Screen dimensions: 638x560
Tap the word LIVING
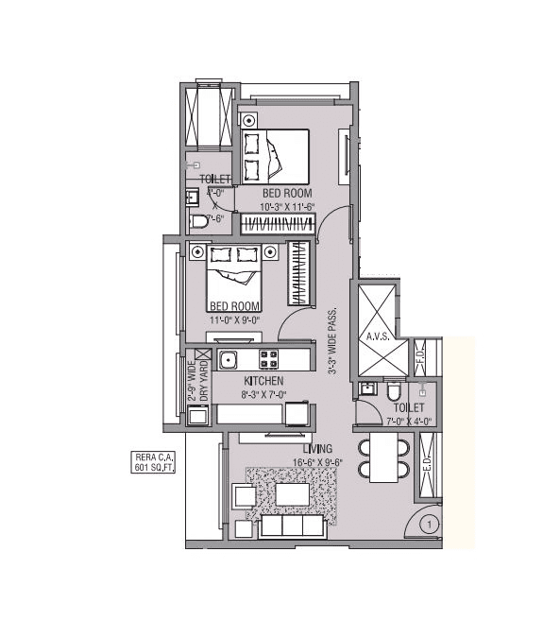[317, 448]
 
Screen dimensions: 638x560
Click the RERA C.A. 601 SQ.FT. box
[155, 462]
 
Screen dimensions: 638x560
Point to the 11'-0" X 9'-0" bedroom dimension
[235, 319]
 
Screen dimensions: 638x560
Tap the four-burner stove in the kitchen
[269, 360]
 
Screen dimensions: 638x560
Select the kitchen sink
[227, 359]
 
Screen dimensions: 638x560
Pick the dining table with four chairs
[383, 457]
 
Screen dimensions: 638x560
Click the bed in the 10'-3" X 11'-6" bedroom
[276, 156]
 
